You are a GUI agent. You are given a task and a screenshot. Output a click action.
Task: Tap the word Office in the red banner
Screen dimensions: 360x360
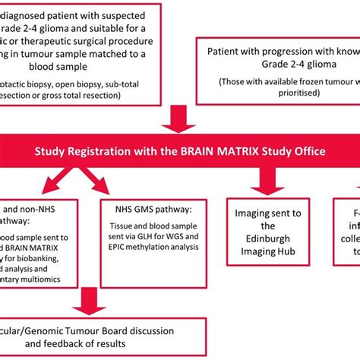click(x=307, y=152)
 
